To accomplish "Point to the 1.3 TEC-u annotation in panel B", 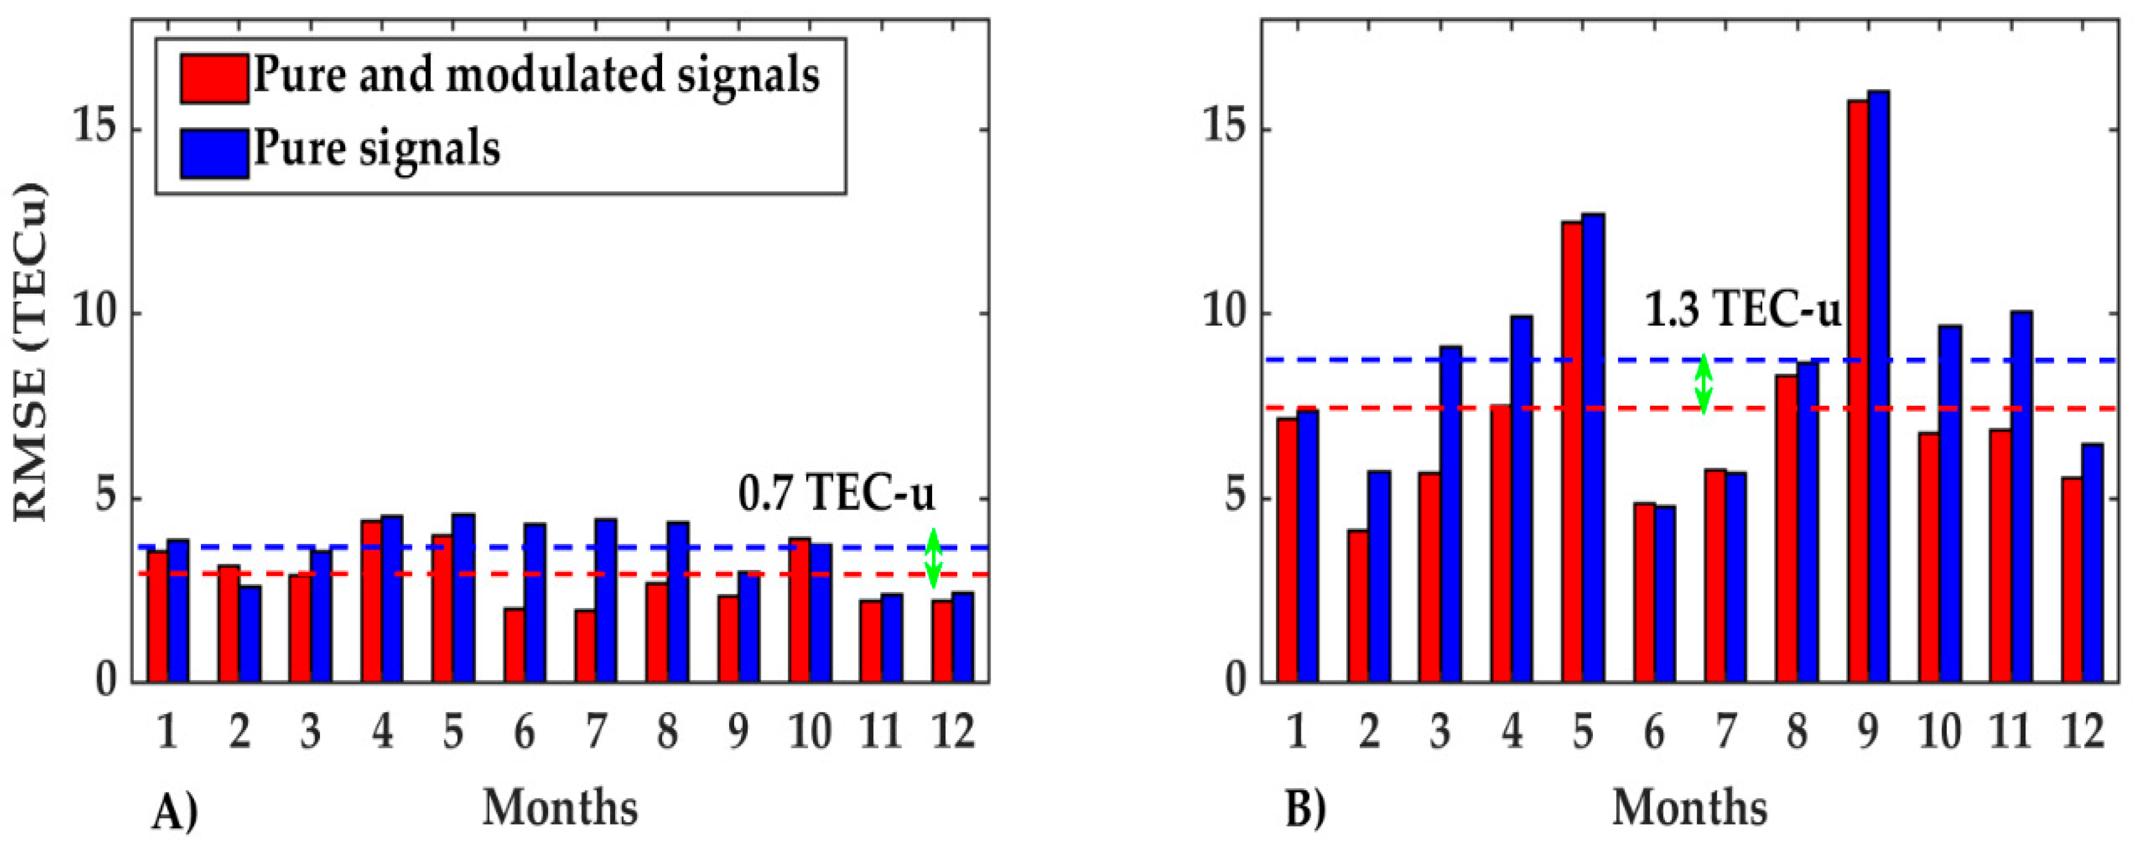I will point(1743,312).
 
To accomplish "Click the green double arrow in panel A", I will point(933,558).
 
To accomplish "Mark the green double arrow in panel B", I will point(1703,385).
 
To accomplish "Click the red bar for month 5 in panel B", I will point(1571,453).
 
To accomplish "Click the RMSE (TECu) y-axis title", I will point(31,353).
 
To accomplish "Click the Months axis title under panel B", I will point(1690,807).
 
